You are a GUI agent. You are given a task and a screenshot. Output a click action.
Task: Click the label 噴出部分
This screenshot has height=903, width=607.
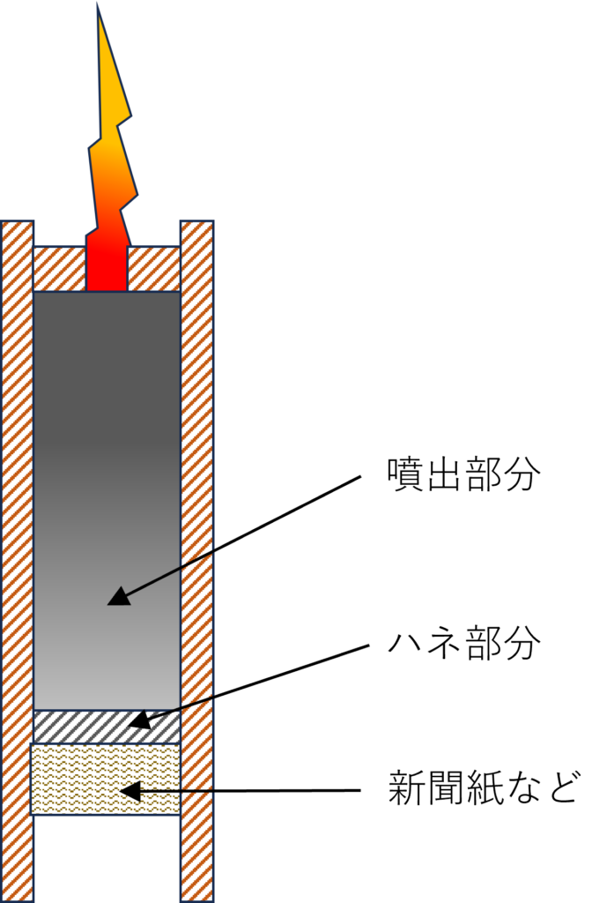click(x=463, y=475)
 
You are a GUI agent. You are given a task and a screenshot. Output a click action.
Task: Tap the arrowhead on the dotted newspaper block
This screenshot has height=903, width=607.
click(x=130, y=791)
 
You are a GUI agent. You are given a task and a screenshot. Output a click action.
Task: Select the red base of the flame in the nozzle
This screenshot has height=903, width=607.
click(x=107, y=268)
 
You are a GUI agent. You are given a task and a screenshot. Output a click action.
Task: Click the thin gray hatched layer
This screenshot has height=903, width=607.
click(x=107, y=727)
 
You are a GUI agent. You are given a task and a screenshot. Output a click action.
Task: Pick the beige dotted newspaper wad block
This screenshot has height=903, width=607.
click(x=106, y=779)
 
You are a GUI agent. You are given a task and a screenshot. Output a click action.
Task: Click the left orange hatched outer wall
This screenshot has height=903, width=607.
click(x=18, y=562)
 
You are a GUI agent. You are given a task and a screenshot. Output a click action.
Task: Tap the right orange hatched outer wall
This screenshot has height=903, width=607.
click(x=197, y=562)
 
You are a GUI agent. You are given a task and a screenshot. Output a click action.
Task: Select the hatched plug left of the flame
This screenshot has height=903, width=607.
click(x=60, y=269)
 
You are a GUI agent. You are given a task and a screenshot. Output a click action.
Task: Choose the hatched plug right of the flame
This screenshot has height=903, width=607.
click(x=154, y=269)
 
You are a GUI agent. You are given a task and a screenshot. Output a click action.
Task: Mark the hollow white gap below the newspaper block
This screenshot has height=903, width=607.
click(x=107, y=858)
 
